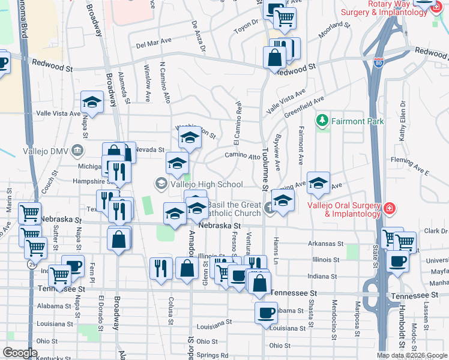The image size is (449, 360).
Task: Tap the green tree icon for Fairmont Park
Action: pos(323,121)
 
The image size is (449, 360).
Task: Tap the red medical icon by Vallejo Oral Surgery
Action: pos(390,208)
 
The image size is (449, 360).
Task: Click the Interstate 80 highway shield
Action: pos(378,62)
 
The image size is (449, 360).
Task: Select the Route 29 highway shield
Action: pos(30,263)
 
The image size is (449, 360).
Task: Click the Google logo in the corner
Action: pos(20,353)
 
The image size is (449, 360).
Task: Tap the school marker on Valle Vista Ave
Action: pos(92,101)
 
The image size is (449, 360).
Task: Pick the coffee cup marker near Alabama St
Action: pos(266,312)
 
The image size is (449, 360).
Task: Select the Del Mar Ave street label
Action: pos(154,44)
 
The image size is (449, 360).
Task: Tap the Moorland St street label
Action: pos(334,30)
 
